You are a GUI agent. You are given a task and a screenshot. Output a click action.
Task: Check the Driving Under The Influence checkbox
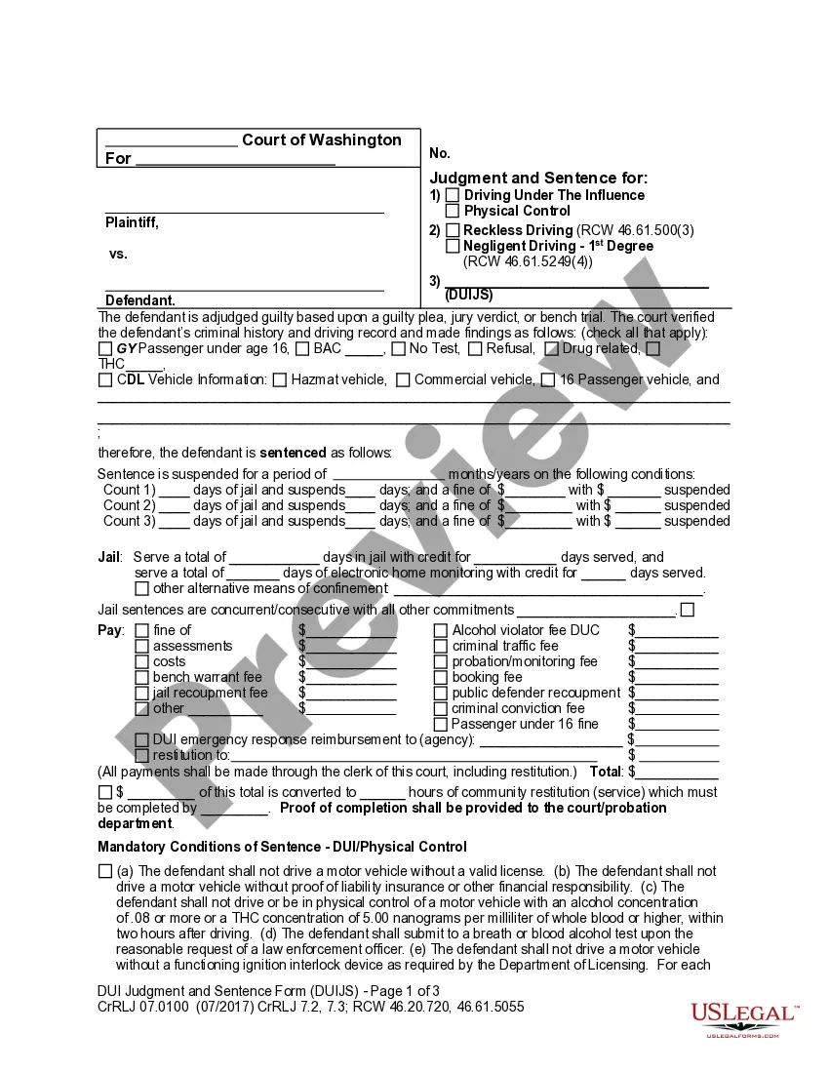tap(453, 196)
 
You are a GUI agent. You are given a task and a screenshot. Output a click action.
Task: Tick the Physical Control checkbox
tap(453, 211)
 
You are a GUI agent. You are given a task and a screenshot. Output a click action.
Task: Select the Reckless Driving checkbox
tap(454, 231)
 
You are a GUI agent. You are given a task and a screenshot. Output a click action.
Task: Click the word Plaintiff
tap(132, 222)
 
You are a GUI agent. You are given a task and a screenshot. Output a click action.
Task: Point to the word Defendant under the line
tap(140, 300)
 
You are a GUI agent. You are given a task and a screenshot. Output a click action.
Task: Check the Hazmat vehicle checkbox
tap(280, 380)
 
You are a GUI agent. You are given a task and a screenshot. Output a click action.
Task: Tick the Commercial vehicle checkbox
tap(403, 380)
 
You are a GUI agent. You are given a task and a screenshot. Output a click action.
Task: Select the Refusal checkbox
tap(475, 349)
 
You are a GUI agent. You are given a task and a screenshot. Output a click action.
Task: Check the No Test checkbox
tap(398, 349)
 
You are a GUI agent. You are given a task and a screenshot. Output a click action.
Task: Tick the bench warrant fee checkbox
tap(142, 677)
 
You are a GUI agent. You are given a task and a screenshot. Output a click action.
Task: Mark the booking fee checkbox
tap(441, 677)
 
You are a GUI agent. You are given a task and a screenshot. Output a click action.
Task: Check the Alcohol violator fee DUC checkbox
tap(441, 630)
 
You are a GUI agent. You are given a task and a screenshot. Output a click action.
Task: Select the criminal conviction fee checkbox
tap(441, 708)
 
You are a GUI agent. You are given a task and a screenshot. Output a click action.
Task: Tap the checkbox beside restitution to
tap(142, 755)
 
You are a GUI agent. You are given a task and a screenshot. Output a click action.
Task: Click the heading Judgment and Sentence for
tap(538, 178)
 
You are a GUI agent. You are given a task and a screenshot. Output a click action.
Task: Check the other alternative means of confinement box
tap(142, 589)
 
